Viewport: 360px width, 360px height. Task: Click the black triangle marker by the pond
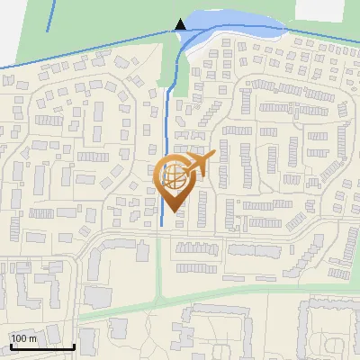(x=181, y=24)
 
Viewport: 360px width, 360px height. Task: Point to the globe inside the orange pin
(x=174, y=175)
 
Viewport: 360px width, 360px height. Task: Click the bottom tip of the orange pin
(x=174, y=211)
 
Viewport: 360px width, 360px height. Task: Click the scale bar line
(x=41, y=346)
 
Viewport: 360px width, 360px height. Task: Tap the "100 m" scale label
(x=24, y=338)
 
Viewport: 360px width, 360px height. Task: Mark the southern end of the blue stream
(x=160, y=225)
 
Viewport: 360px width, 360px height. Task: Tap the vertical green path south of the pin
(x=159, y=270)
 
